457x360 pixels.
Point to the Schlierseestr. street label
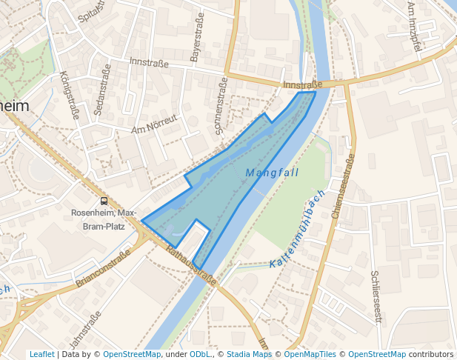coord(376,296)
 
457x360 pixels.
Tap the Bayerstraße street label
coord(197,40)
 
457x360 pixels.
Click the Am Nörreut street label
coord(154,124)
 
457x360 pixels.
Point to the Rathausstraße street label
coord(191,266)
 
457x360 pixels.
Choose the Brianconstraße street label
coord(103,268)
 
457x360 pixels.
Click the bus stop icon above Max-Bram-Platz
coord(104,201)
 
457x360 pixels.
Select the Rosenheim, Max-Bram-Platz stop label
coord(104,219)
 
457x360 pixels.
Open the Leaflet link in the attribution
coord(41,354)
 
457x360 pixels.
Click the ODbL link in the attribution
coord(201,354)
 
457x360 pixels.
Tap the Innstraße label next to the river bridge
coord(303,85)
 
